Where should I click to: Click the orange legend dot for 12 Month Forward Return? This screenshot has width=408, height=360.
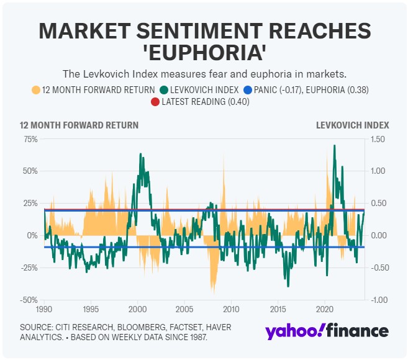[x=36, y=89]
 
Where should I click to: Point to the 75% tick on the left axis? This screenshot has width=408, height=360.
[x=30, y=138]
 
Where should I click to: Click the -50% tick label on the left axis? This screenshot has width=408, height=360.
[x=29, y=300]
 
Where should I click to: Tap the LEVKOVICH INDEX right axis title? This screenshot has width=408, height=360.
[x=352, y=125]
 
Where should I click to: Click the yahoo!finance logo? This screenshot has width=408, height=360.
[x=327, y=331]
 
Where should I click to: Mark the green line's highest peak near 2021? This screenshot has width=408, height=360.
[x=335, y=146]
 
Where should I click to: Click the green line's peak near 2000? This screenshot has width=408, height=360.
[x=140, y=154]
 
